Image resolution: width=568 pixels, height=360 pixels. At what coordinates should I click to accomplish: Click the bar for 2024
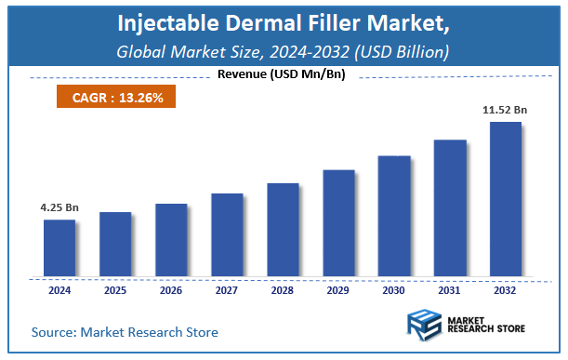pyautogui.click(x=59, y=248)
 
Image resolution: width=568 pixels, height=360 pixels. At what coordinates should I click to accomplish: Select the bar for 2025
pyautogui.click(x=115, y=245)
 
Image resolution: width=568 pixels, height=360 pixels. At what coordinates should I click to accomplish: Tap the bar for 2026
pyautogui.click(x=171, y=240)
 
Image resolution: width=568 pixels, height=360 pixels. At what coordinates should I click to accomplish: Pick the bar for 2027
pyautogui.click(x=227, y=235)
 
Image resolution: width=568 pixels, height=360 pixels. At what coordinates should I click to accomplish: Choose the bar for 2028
pyautogui.click(x=283, y=230)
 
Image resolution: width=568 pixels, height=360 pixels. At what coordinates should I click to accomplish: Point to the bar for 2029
pyautogui.click(x=338, y=223)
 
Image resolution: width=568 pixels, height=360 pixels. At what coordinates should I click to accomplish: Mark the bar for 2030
pyautogui.click(x=394, y=216)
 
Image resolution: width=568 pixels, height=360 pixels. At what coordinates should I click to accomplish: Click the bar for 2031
pyautogui.click(x=450, y=208)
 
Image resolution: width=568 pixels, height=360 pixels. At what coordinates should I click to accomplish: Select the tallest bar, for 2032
pyautogui.click(x=506, y=199)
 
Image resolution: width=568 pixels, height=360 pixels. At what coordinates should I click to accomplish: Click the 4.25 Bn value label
pyautogui.click(x=59, y=209)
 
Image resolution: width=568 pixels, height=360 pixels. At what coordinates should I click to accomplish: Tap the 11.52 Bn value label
pyautogui.click(x=506, y=110)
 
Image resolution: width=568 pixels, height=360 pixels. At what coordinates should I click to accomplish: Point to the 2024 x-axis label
pyautogui.click(x=59, y=290)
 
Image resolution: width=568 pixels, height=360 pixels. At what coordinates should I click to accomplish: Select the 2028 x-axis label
pyautogui.click(x=283, y=290)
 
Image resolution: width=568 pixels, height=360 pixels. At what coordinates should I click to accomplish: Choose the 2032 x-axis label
pyautogui.click(x=506, y=290)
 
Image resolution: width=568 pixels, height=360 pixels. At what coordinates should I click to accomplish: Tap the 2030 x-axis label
pyautogui.click(x=394, y=290)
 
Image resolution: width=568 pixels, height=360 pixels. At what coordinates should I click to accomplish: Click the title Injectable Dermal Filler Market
pyautogui.click(x=284, y=22)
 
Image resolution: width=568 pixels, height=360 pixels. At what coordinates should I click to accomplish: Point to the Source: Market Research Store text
pyautogui.click(x=125, y=332)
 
